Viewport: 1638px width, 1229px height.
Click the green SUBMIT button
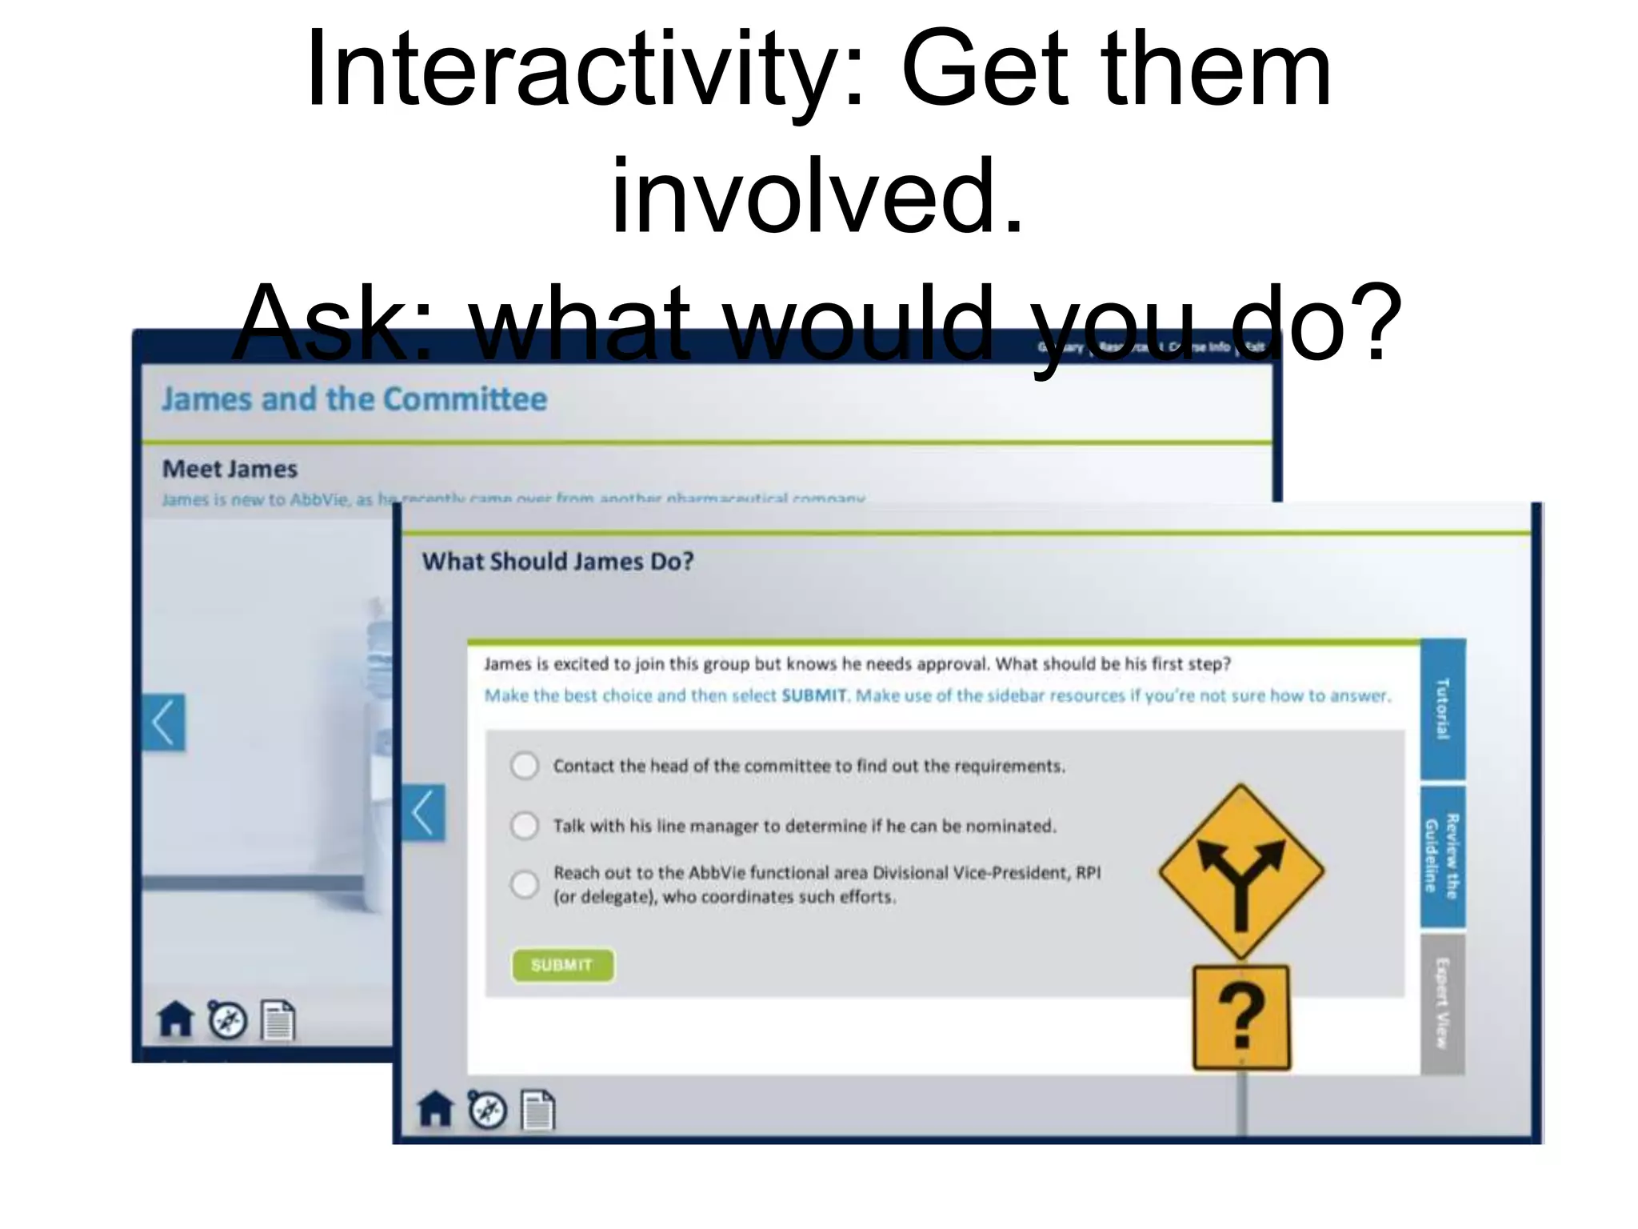pos(562,965)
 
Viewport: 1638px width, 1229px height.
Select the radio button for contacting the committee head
pos(525,766)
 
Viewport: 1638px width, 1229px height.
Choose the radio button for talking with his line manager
pos(525,825)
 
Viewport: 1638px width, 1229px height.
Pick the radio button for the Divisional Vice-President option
pos(525,884)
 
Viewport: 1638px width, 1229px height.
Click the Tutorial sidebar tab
pos(1443,709)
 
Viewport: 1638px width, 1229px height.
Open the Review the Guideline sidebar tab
pos(1443,856)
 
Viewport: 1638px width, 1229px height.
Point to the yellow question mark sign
pos(1241,1017)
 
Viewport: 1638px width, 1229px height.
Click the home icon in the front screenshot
pos(435,1110)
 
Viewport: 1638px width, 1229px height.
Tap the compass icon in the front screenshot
pos(487,1110)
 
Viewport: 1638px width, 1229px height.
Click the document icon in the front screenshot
pos(538,1110)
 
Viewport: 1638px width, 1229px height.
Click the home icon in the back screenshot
pos(175,1020)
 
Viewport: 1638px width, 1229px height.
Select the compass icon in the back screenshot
pos(228,1020)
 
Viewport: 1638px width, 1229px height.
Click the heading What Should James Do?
pos(557,562)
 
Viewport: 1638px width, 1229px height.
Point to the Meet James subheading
pos(230,469)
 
